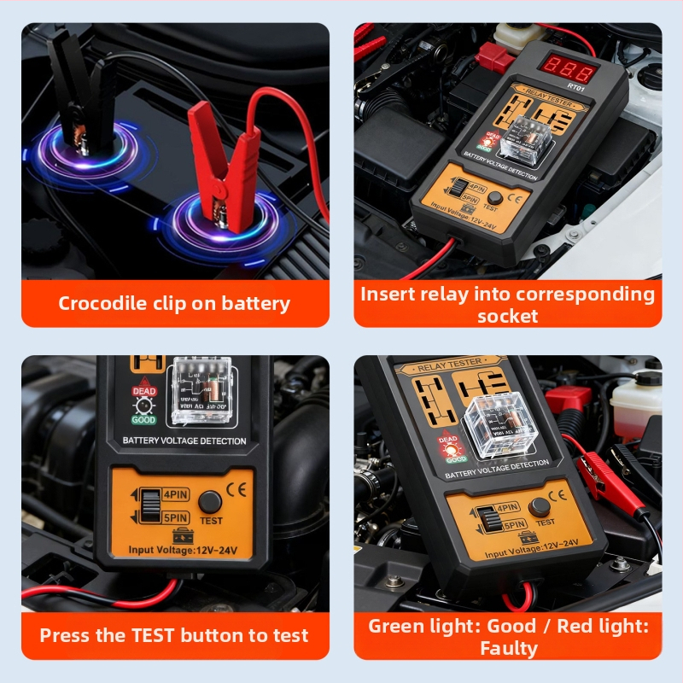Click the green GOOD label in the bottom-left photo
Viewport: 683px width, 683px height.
143,420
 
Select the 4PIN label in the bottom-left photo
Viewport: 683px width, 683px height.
175,493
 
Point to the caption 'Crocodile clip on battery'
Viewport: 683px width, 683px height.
174,303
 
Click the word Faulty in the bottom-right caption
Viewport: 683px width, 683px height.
508,648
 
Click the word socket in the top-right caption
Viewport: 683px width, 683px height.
507,316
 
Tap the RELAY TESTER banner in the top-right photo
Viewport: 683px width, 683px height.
537,104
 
